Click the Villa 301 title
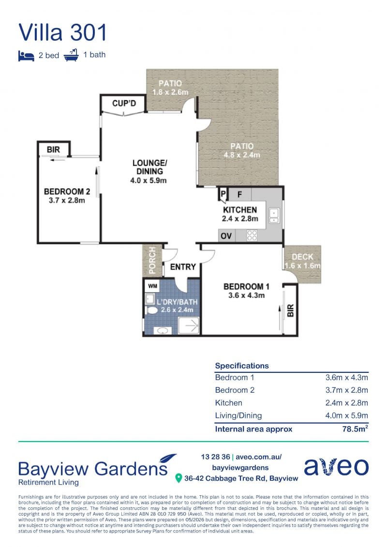tap(62, 32)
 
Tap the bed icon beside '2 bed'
tap(26, 56)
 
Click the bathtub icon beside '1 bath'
tap(71, 55)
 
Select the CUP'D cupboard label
tap(124, 103)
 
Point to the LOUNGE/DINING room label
tap(149, 167)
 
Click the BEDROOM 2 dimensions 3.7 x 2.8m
tap(67, 201)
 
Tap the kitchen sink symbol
tap(274, 215)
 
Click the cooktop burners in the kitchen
tap(252, 236)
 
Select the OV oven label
tap(226, 236)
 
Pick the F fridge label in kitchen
tap(240, 194)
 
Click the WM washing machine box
tap(153, 286)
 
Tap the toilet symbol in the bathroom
tap(151, 310)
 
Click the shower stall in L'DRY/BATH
tap(189, 326)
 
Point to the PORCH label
tap(152, 260)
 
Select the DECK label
tap(302, 257)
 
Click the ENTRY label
tap(183, 267)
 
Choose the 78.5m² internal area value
tap(355, 429)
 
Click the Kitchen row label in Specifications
tap(228, 403)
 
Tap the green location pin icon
tap(179, 478)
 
